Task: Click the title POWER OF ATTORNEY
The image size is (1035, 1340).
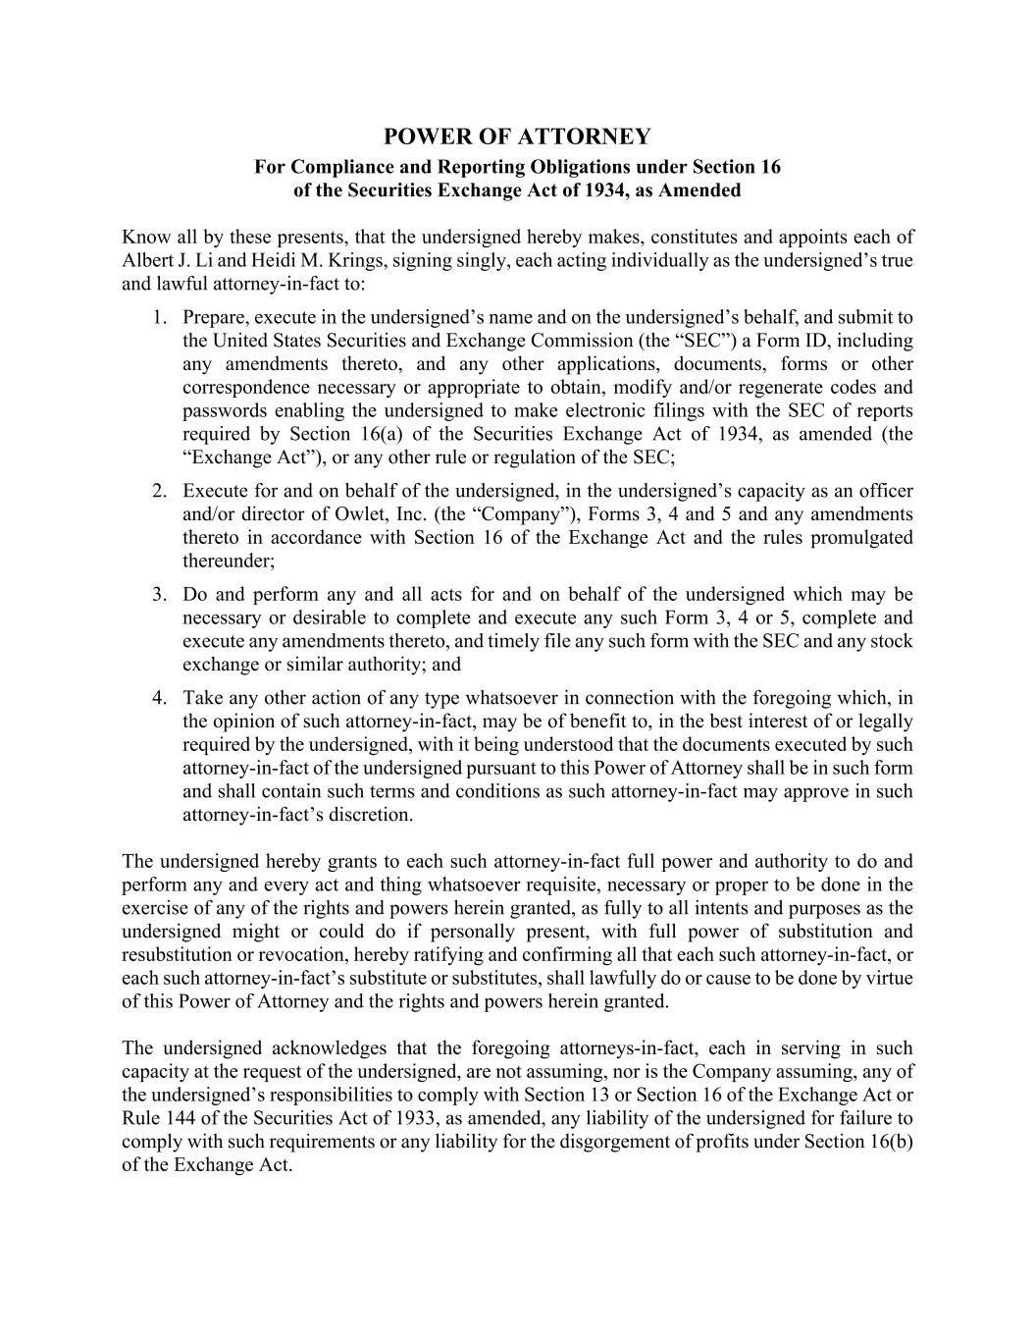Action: (x=517, y=135)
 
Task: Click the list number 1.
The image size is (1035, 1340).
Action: (x=159, y=317)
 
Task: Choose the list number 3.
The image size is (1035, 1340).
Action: (x=159, y=595)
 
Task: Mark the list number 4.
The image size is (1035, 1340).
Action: (x=159, y=699)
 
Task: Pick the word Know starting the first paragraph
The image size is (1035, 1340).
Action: (x=142, y=238)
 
